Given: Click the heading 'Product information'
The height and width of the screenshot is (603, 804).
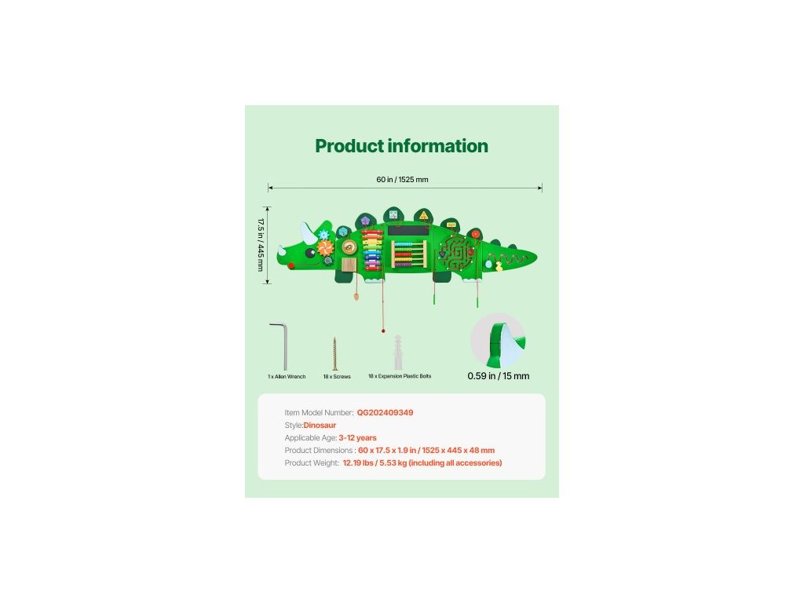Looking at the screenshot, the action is point(401,146).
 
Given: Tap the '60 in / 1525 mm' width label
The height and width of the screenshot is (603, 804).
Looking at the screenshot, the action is point(402,180).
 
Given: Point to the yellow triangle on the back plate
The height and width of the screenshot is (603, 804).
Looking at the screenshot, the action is point(424,217).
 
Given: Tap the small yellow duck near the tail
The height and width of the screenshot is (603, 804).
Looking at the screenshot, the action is point(498,265).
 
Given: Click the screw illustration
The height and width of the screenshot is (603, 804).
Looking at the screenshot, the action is point(334,353).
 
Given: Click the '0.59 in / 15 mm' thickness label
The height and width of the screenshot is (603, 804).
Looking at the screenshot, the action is point(498,376).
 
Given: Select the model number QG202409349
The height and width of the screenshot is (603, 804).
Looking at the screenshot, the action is point(385,412).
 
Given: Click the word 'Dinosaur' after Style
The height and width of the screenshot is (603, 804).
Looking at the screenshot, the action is point(320,425).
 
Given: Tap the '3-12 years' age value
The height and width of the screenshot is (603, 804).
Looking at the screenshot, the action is point(357,437).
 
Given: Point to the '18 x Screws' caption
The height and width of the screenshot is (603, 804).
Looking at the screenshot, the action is point(337,377).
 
